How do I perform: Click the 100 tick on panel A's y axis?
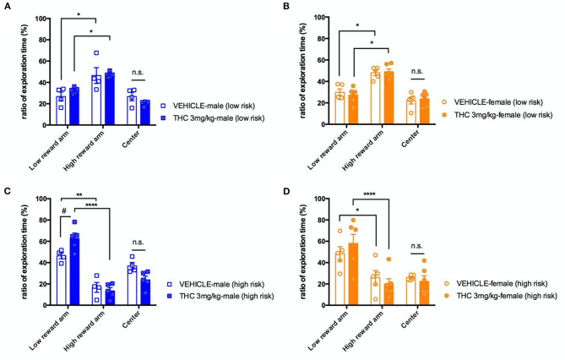[x=35, y=18]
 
